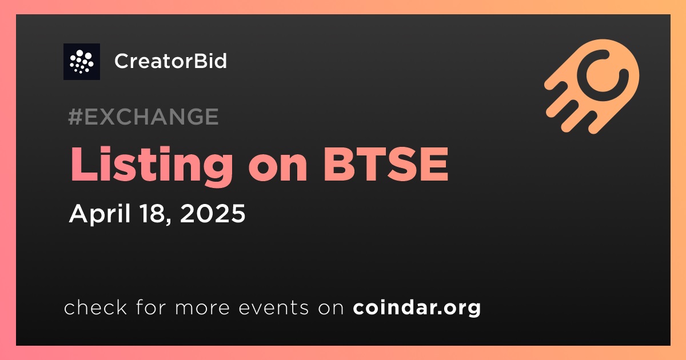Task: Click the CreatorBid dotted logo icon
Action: (x=81, y=62)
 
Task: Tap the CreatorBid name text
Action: (x=170, y=61)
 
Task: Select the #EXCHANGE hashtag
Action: (x=143, y=117)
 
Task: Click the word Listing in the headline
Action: (x=151, y=165)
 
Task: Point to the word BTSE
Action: (x=386, y=165)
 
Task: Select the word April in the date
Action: (x=100, y=214)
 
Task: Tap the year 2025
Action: (x=213, y=213)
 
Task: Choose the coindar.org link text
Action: (x=417, y=308)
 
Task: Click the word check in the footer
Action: (x=95, y=307)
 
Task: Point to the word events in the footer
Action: (x=273, y=307)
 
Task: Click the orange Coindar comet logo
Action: (x=593, y=86)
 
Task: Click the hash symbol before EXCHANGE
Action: (x=75, y=117)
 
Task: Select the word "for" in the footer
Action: (x=151, y=307)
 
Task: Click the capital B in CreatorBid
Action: (x=192, y=61)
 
